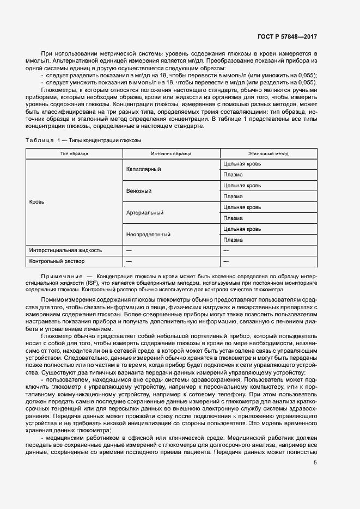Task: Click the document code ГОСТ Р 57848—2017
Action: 287,36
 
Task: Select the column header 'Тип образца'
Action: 74,154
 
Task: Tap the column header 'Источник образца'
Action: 171,154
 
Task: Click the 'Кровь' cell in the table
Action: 37,201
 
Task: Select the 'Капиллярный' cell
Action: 143,169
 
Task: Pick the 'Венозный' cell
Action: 138,191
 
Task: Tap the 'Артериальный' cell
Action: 144,212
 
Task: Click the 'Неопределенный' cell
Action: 148,234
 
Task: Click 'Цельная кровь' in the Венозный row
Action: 242,186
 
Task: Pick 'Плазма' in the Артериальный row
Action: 233,218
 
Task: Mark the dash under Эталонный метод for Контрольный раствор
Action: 226,261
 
